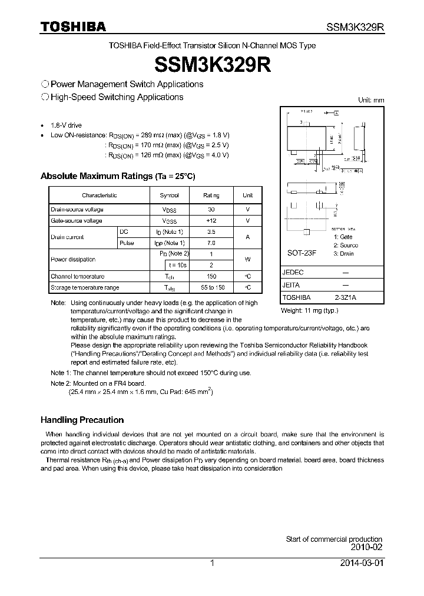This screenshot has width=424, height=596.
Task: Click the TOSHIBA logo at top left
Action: click(x=73, y=27)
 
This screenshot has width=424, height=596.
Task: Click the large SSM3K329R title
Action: click(x=212, y=64)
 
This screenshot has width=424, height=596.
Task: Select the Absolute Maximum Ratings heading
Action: click(x=117, y=176)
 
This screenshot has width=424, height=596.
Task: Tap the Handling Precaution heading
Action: click(x=82, y=420)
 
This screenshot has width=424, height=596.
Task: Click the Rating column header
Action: click(x=211, y=195)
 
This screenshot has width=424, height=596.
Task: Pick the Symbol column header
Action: click(x=169, y=195)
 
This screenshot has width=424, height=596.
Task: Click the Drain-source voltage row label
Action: click(x=77, y=210)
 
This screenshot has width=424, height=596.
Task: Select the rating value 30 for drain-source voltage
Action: click(x=211, y=210)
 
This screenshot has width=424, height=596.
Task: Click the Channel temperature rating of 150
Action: click(x=211, y=276)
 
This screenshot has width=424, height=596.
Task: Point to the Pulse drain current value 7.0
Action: click(x=211, y=243)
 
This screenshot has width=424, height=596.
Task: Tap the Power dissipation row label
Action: click(x=73, y=259)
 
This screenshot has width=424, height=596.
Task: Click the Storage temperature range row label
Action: click(x=85, y=287)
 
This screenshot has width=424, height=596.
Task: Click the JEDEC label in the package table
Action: click(x=293, y=273)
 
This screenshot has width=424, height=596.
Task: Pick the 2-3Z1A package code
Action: click(x=344, y=297)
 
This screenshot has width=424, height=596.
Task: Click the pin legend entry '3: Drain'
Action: click(x=343, y=253)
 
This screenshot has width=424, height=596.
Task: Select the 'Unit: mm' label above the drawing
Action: click(x=371, y=100)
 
